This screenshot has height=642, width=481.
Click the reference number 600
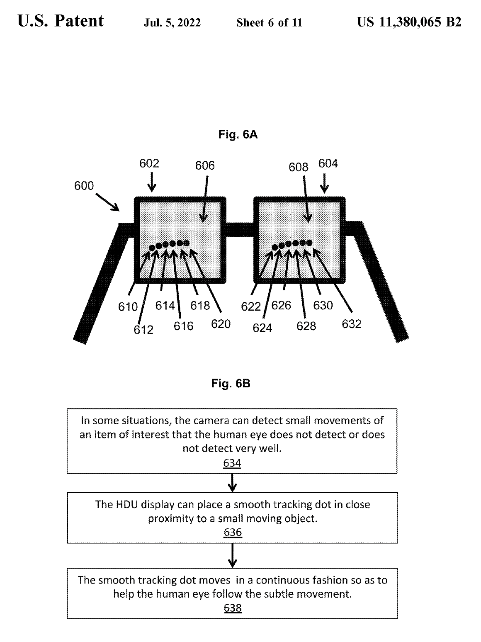pyautogui.click(x=84, y=186)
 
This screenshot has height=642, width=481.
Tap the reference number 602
pyautogui.click(x=149, y=163)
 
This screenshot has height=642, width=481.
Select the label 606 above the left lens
pyautogui.click(x=205, y=166)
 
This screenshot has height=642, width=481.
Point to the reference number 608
pyautogui.click(x=299, y=167)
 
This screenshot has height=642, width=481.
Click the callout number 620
pyautogui.click(x=221, y=324)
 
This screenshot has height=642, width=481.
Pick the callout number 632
pyautogui.click(x=352, y=324)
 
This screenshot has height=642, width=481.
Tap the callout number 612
pyautogui.click(x=143, y=330)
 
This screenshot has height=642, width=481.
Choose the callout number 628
pyautogui.click(x=306, y=326)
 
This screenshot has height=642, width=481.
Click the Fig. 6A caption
pyautogui.click(x=238, y=134)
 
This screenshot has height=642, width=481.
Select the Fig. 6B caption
pyautogui.click(x=231, y=384)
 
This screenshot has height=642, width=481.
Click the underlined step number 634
pyautogui.click(x=232, y=463)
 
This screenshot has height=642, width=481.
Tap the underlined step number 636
pyautogui.click(x=232, y=533)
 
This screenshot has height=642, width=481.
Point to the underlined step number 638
pyautogui.click(x=232, y=608)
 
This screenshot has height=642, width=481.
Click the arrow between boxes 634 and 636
pyautogui.click(x=233, y=482)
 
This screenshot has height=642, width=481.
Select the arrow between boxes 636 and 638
pyautogui.click(x=233, y=555)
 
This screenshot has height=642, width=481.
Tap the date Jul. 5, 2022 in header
pyautogui.click(x=172, y=23)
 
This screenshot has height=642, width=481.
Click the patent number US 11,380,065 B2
pyautogui.click(x=409, y=22)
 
